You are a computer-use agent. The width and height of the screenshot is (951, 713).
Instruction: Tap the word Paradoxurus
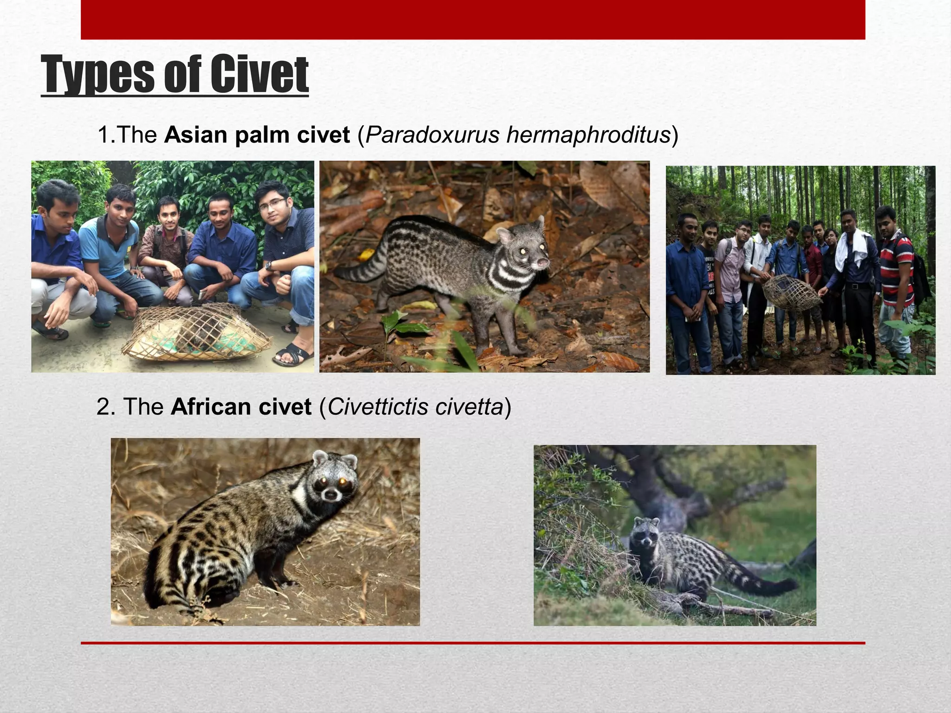tap(432, 135)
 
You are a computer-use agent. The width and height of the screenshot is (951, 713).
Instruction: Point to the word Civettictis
tap(378, 407)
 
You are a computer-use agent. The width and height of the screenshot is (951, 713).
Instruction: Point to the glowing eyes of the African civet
tap(332, 484)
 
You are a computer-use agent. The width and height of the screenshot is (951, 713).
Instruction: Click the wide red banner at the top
tap(473, 19)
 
